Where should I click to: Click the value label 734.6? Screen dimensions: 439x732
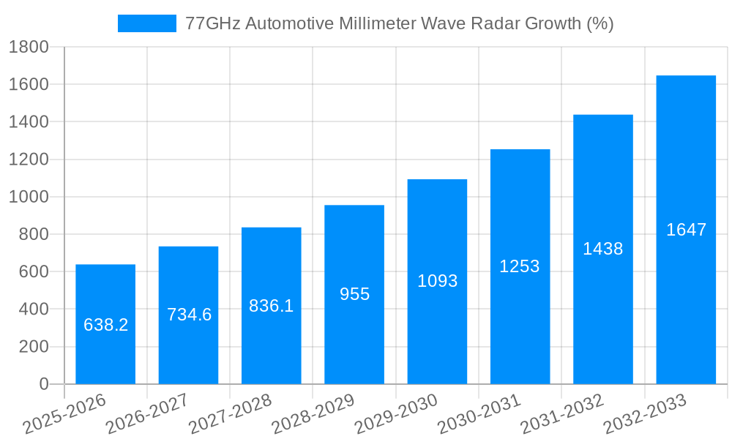(189, 315)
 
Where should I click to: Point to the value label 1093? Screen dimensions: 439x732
(437, 281)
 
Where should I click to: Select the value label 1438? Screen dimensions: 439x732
(602, 249)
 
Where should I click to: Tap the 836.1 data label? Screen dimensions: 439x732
(271, 306)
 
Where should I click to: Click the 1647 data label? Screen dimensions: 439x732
(686, 230)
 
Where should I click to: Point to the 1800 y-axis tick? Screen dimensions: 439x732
(29, 48)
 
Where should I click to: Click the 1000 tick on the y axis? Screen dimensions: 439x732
(29, 197)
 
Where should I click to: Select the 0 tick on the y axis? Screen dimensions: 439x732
(43, 384)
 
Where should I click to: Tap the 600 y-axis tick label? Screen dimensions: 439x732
(33, 271)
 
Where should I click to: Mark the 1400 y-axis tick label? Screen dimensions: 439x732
(29, 122)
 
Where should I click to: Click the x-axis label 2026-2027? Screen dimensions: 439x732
(147, 414)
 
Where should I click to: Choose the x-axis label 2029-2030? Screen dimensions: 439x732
(396, 414)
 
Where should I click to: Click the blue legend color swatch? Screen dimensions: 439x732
(146, 23)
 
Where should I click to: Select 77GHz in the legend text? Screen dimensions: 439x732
(213, 23)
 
